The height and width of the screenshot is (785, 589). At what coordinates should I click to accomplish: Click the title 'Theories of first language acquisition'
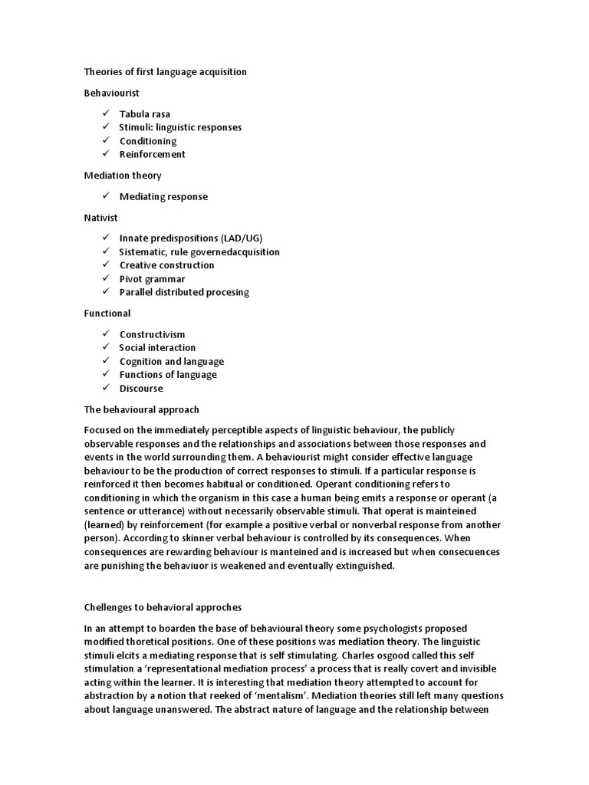[x=165, y=72]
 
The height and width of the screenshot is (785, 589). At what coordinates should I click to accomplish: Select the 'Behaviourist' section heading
[x=112, y=93]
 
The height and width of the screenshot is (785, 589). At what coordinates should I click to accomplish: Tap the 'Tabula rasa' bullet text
[x=145, y=114]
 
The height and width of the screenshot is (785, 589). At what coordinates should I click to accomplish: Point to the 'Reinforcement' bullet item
[x=152, y=154]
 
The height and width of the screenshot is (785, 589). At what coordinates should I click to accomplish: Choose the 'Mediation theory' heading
[x=123, y=176]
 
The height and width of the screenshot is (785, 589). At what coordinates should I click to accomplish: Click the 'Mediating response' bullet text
[x=163, y=196]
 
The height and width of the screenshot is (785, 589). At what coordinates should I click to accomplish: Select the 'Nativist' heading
[x=100, y=218]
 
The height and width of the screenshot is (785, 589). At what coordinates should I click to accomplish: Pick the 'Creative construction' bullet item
[x=166, y=265]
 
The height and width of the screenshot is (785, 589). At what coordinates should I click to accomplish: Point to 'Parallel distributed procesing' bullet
[x=184, y=292]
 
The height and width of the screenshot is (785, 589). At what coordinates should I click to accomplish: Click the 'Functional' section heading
[x=107, y=313]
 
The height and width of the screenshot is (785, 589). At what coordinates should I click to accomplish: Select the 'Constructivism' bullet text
[x=152, y=334]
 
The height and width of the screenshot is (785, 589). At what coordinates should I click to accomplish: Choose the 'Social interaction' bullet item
[x=157, y=347]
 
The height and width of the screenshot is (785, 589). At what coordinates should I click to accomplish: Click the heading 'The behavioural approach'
[x=141, y=409]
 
